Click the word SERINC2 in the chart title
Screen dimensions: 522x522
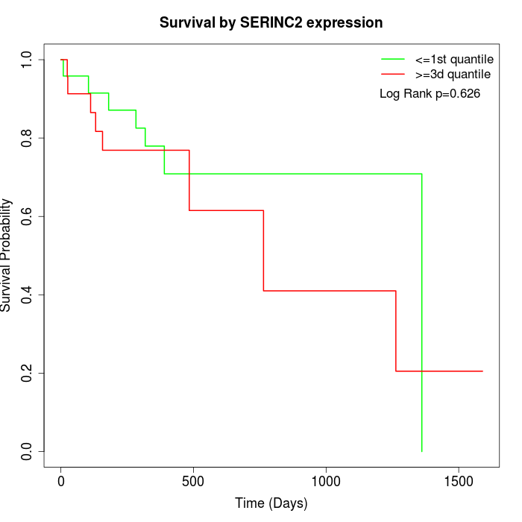pyautogui.click(x=271, y=22)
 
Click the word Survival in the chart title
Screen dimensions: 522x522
pyautogui.click(x=187, y=22)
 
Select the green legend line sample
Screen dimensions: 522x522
pyautogui.click(x=393, y=59)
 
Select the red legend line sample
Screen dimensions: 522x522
pyautogui.click(x=393, y=74)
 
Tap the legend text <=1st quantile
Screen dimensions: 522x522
pyautogui.click(x=454, y=60)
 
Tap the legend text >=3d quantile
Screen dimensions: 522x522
pyautogui.click(x=453, y=75)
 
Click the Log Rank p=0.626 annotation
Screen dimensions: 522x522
pyautogui.click(x=430, y=93)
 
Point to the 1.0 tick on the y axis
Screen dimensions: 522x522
pyautogui.click(x=26, y=60)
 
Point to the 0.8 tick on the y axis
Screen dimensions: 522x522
pyautogui.click(x=26, y=138)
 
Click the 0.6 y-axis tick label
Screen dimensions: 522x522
pyautogui.click(x=26, y=216)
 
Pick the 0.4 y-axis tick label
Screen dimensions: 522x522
pyautogui.click(x=26, y=295)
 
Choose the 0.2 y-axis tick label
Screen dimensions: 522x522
pyautogui.click(x=26, y=373)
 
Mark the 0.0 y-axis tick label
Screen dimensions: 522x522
pyautogui.click(x=26, y=451)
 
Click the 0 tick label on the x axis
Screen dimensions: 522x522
pyautogui.click(x=61, y=482)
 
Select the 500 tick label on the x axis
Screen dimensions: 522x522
pyautogui.click(x=193, y=482)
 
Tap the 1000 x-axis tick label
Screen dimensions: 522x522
pyautogui.click(x=326, y=482)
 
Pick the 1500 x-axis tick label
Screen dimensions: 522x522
pyautogui.click(x=459, y=482)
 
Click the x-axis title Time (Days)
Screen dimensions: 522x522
pyautogui.click(x=271, y=503)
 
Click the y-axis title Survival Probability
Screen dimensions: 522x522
pyautogui.click(x=6, y=255)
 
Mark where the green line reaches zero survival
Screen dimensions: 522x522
pyautogui.click(x=422, y=451)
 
